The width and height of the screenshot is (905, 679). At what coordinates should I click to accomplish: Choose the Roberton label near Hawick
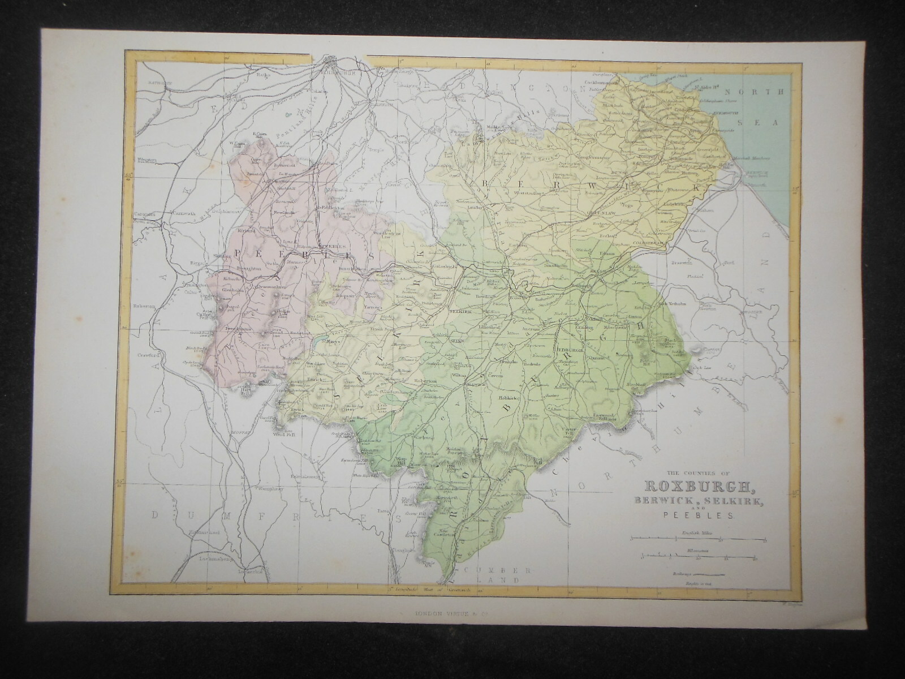pyautogui.click(x=425, y=381)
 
